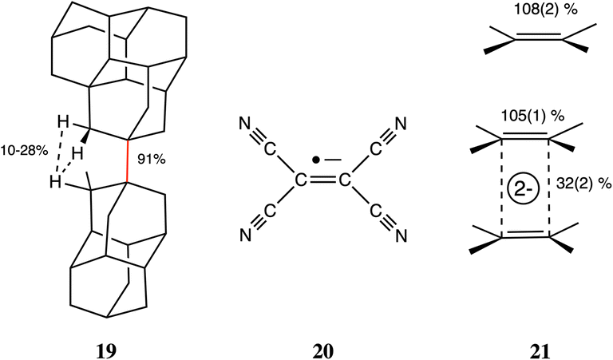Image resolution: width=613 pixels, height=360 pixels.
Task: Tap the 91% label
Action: (x=152, y=160)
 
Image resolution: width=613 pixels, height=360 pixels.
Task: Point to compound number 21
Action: (x=528, y=350)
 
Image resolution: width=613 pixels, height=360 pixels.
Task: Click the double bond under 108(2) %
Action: (x=536, y=36)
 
